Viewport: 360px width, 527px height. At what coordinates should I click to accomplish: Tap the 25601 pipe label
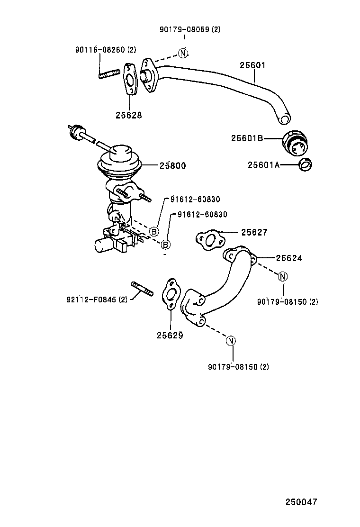252,65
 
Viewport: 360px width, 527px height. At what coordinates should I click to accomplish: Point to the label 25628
129,115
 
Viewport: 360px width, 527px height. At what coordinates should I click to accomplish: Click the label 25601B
247,138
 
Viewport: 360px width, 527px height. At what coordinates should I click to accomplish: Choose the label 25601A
264,165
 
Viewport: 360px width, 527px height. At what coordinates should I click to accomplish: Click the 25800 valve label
172,165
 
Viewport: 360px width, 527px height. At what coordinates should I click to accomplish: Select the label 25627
254,232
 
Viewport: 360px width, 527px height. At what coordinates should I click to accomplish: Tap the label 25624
289,258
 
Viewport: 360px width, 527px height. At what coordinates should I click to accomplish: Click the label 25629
170,335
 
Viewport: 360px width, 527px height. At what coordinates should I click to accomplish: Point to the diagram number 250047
301,502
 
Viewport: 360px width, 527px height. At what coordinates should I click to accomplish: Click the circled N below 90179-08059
183,53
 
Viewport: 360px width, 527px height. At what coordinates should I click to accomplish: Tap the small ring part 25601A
306,165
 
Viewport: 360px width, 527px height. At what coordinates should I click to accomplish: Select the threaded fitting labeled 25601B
295,144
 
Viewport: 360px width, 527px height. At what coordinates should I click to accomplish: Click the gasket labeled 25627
210,240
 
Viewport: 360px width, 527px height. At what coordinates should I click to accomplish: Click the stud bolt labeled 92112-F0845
142,289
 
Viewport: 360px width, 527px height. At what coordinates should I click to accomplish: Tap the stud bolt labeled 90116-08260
109,74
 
